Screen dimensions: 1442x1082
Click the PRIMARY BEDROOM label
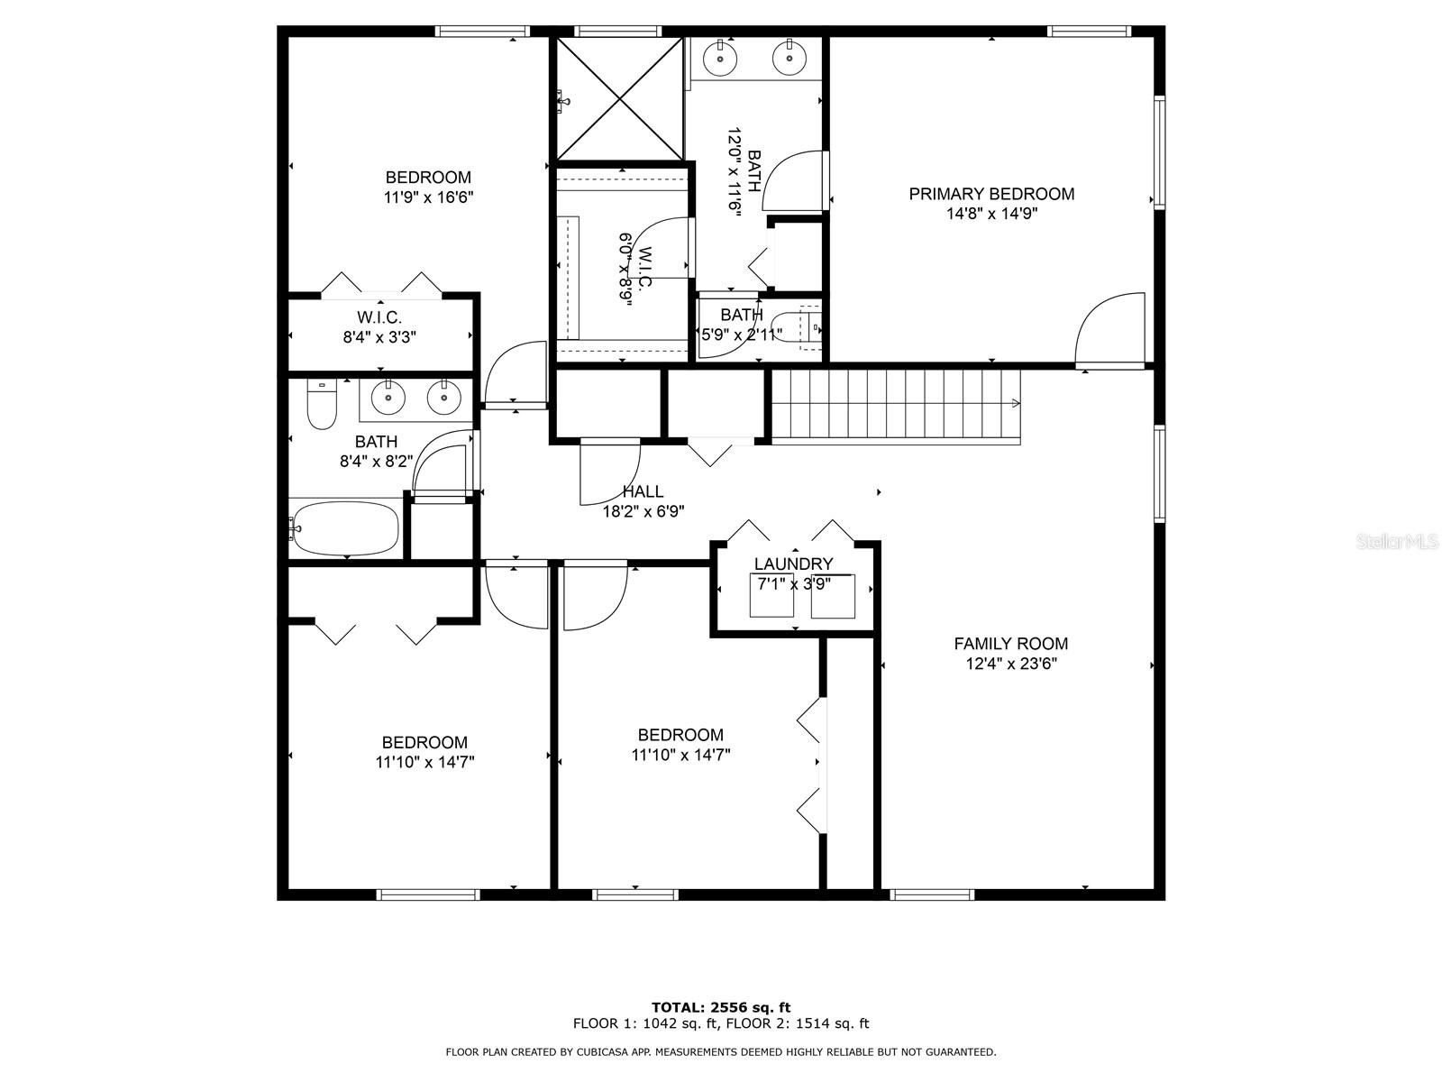pos(991,194)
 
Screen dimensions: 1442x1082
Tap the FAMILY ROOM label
pos(1011,644)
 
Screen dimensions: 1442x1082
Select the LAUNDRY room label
pos(793,564)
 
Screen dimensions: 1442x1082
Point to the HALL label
pos(643,491)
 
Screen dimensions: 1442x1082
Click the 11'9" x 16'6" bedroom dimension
pos(428,197)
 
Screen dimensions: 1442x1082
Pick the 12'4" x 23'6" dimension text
pos(1011,664)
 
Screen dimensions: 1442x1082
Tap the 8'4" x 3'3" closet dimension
pos(379,337)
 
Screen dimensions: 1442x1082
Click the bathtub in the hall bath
pos(344,529)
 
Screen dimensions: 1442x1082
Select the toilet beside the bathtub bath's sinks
pos(322,406)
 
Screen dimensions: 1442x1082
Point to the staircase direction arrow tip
pos(1019,403)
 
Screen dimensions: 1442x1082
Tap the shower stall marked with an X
pos(619,98)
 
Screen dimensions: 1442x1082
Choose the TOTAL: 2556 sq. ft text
pos(721,1007)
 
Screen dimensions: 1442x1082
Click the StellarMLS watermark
pos(1397,542)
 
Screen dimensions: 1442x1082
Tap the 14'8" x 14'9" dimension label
pos(991,214)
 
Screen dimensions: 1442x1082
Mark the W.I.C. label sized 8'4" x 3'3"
pos(379,318)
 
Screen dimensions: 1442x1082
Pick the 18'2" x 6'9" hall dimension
pos(643,511)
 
